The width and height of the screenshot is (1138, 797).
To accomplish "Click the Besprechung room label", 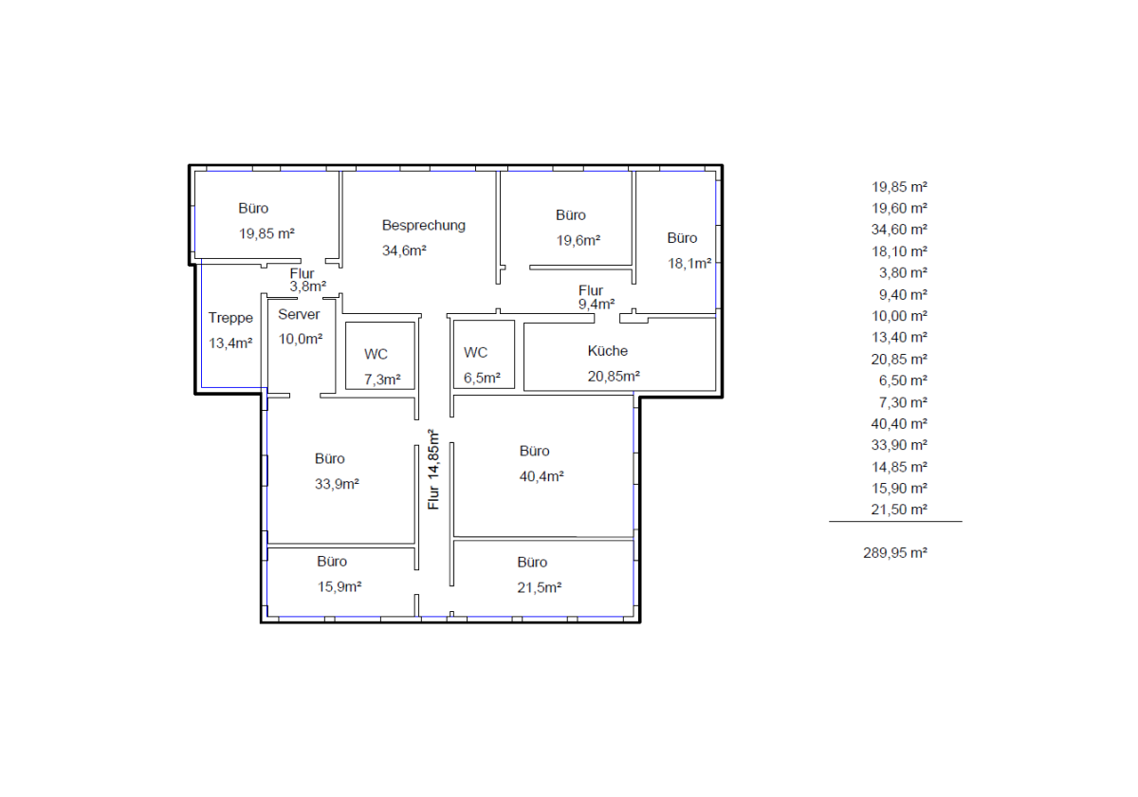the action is pos(423,225).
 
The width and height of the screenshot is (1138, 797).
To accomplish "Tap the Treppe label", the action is pos(230,318).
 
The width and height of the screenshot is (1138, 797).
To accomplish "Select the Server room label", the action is pos(299,314).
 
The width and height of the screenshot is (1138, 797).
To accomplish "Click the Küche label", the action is pos(608,351).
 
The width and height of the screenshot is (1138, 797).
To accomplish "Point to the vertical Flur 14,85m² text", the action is pos(433,469).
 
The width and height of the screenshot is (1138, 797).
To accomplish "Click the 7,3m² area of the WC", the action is pos(382,380).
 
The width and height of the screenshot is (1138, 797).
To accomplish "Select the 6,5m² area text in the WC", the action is pos(482,378).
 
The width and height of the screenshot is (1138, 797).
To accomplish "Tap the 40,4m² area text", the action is pos(541,476).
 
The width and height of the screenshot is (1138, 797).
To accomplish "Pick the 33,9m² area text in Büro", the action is pos(337,483).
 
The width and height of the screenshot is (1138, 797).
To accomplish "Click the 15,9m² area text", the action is pos(340,586).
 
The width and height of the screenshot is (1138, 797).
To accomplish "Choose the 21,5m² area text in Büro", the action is pos(539,587).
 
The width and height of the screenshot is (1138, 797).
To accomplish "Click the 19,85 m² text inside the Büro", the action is pos(266,233).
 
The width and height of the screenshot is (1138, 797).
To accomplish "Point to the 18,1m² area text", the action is pos(688,264).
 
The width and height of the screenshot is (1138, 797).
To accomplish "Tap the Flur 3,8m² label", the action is pos(307,280).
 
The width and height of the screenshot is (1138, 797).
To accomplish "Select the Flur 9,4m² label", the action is pos(596,297).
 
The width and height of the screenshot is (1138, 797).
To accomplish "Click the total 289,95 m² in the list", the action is pos(895,552).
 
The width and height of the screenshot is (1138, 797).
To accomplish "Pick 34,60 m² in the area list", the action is pos(899,230).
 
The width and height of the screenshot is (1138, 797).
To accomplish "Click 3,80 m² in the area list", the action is pos(903,273).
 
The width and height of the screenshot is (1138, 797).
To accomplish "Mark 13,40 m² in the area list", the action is pos(899,338).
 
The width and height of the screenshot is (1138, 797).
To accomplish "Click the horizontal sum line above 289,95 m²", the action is pos(895,521).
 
